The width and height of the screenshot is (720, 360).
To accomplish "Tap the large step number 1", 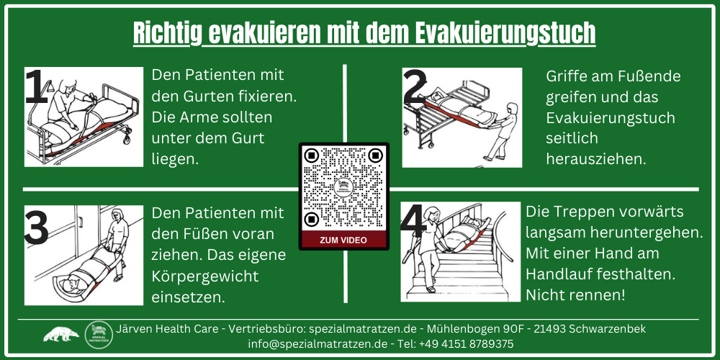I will click(x=37, y=89).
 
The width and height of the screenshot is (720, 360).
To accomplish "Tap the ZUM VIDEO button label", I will click(x=343, y=240).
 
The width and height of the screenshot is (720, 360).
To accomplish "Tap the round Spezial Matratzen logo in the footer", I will click(x=99, y=335).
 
